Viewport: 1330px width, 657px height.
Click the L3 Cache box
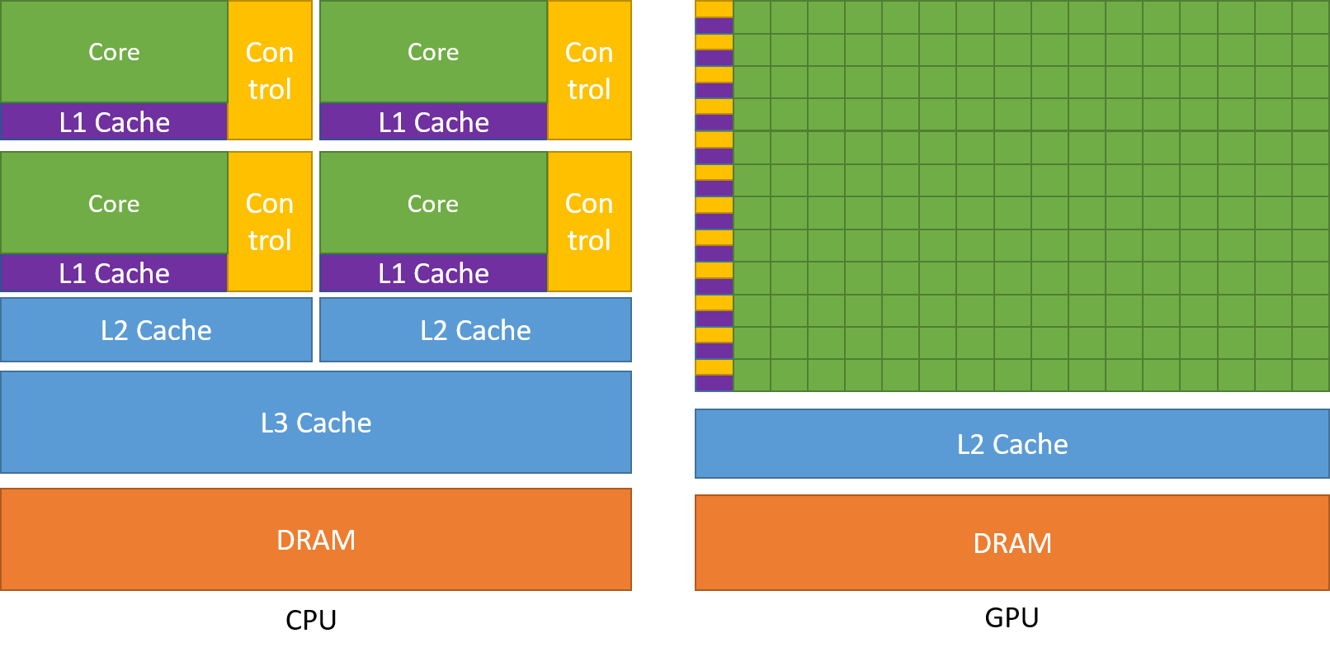[x=316, y=423]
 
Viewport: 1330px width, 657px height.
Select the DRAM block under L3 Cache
[x=316, y=540]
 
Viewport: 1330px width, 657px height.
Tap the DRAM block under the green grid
[x=1012, y=543]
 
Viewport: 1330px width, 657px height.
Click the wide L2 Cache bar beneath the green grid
[x=1012, y=444]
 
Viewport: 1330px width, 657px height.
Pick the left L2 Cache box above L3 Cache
[x=156, y=330]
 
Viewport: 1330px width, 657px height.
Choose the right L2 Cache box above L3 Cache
[x=475, y=330]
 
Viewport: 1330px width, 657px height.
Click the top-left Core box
[x=114, y=52]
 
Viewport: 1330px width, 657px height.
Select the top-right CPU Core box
[x=433, y=52]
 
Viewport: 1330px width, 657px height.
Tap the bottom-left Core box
[x=114, y=203]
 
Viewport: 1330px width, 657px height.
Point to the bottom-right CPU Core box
[x=433, y=203]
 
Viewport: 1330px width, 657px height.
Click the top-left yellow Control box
[x=270, y=70]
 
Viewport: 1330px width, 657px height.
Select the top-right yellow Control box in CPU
[x=589, y=70]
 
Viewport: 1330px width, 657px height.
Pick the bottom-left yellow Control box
[x=270, y=221]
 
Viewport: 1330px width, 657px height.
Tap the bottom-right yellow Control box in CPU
[x=589, y=221]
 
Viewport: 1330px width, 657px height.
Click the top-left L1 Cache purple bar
[x=114, y=122]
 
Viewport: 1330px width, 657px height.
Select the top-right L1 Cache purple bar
[x=433, y=122]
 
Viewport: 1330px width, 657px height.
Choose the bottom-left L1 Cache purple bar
[x=114, y=273]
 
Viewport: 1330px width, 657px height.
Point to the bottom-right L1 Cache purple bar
[x=433, y=273]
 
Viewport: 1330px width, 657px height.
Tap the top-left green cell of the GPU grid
[x=752, y=17]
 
